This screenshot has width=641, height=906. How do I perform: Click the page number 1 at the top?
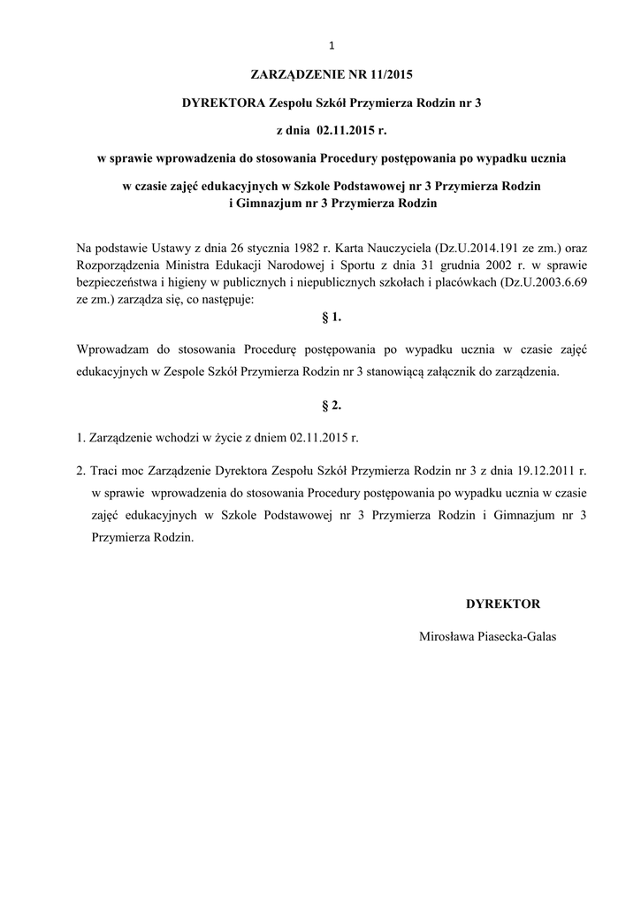tap(330, 47)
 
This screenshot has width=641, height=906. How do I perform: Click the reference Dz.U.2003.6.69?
tap(543, 281)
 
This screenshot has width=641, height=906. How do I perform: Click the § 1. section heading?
tap(330, 317)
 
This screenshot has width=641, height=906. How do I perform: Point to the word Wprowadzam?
tap(113, 349)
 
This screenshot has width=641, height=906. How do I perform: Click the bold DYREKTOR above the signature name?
tap(503, 603)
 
